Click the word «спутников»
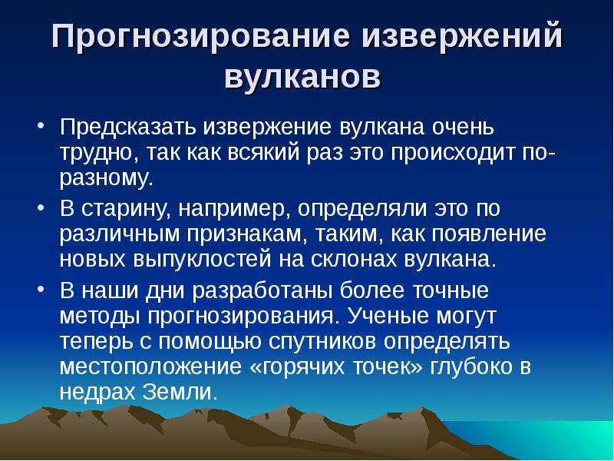312,341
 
